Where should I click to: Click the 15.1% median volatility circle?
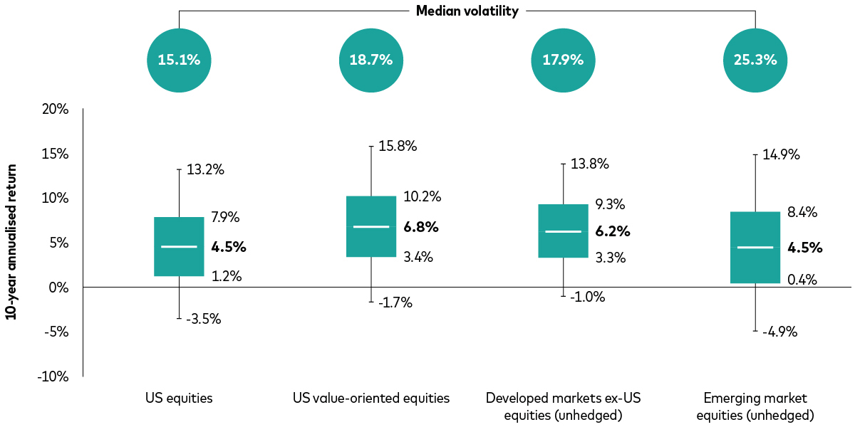coord(179,60)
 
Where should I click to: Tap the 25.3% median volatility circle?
coord(755,60)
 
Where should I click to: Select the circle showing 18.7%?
coord(370,60)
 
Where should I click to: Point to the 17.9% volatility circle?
coord(563,60)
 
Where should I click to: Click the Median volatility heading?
coord(467,11)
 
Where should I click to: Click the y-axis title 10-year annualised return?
coord(12,242)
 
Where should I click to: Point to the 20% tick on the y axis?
coord(56,110)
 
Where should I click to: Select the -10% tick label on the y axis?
coord(54,376)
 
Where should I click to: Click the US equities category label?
coord(179,398)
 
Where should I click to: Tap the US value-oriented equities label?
coord(370,398)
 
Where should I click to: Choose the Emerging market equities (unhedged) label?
coord(755,406)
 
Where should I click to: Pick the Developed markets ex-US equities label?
coord(563,406)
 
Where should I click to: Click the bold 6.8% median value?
coord(421,228)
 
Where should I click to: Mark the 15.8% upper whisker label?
coord(398,147)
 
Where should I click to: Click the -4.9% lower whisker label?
coord(780,332)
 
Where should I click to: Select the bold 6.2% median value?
coord(613,231)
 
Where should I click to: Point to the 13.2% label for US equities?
coord(205,169)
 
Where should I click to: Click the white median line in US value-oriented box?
coord(370,226)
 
